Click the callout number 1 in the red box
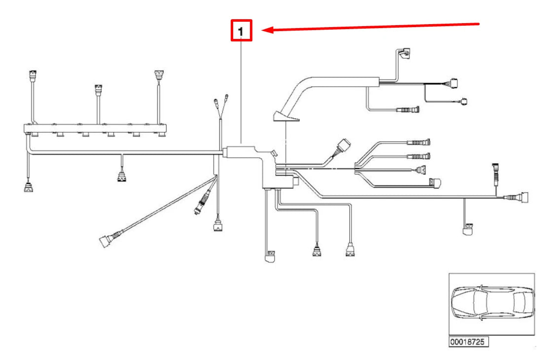[241, 32]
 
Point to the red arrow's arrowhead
[267, 30]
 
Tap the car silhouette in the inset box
[492, 303]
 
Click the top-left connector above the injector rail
[33, 75]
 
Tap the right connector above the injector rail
[159, 75]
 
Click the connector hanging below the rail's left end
[29, 187]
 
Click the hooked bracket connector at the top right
[404, 54]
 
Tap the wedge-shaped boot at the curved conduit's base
[286, 116]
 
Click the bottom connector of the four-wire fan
[436, 183]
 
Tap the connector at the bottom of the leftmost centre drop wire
[270, 256]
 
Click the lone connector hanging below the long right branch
[468, 229]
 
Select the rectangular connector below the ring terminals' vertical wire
[218, 226]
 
